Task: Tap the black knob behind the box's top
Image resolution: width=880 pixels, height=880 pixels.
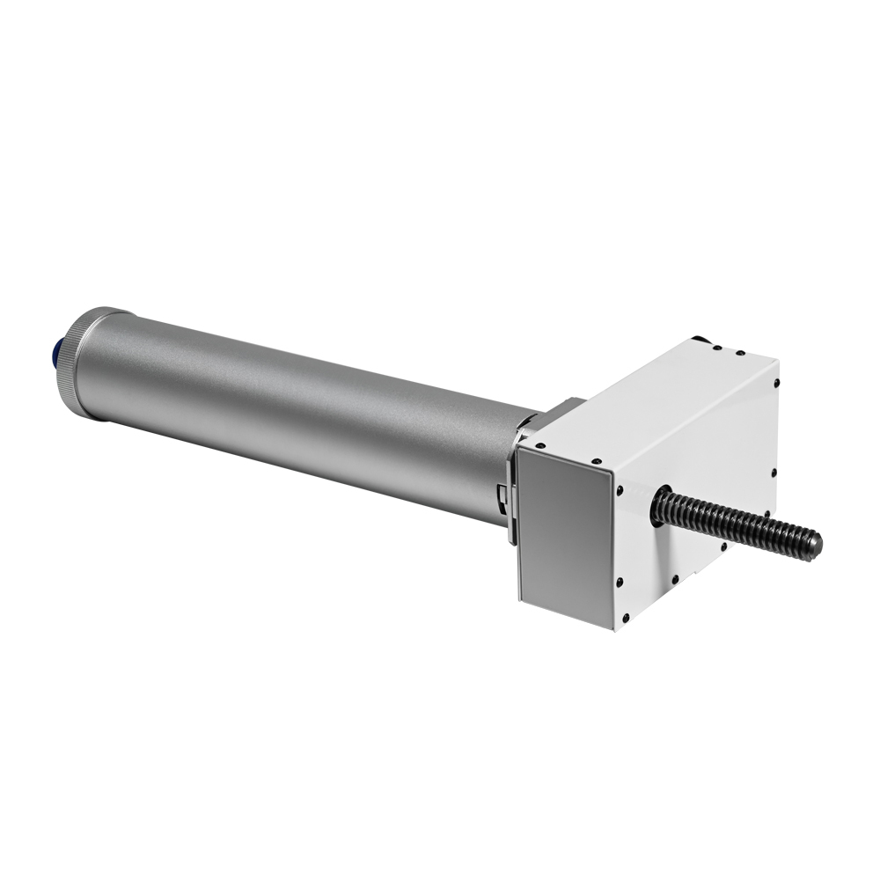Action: [700, 339]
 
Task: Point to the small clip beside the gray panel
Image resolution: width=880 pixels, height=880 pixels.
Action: [502, 497]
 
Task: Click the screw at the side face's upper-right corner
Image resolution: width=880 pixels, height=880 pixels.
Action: [776, 384]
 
